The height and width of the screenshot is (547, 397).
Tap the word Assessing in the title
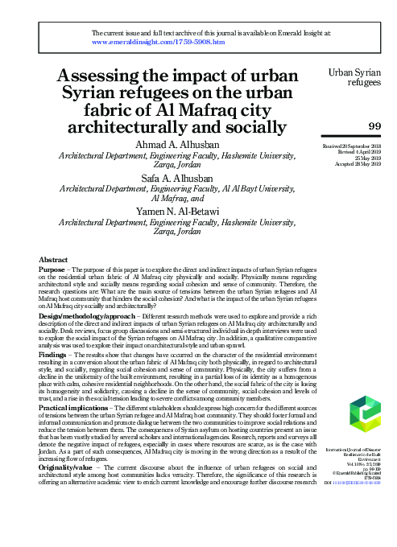click(x=101, y=77)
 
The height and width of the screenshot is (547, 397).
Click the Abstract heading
click(x=53, y=260)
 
